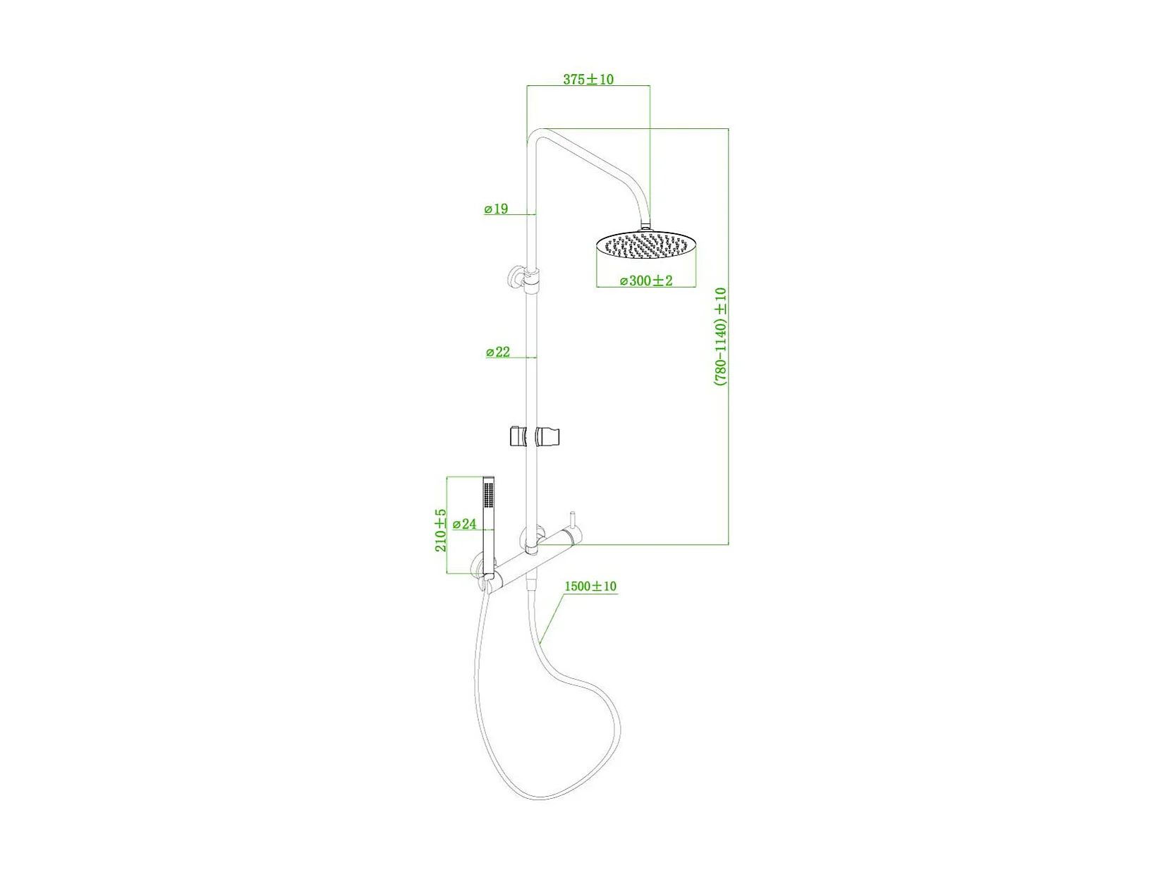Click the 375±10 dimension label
(x=588, y=80)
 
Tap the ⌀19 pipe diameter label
(x=497, y=209)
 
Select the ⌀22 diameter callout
(x=498, y=352)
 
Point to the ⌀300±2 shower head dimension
(x=646, y=281)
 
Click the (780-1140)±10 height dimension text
(x=720, y=336)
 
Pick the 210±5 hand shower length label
(x=441, y=529)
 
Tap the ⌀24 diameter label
(x=465, y=524)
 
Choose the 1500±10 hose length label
(x=590, y=586)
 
